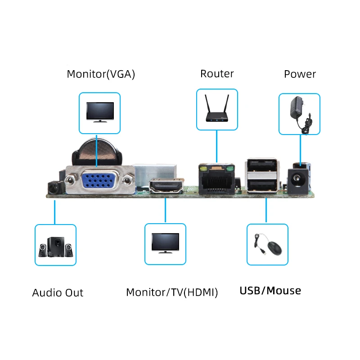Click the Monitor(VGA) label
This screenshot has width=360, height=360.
pyautogui.click(x=101, y=74)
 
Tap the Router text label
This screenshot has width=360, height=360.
pyautogui.click(x=217, y=73)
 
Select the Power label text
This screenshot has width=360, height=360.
pyautogui.click(x=300, y=74)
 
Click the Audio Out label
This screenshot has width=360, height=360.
pyautogui.click(x=58, y=292)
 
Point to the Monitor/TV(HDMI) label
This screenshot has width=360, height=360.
pyautogui.click(x=172, y=292)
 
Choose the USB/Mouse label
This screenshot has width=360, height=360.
pyautogui.click(x=270, y=291)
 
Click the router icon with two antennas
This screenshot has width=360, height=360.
pyautogui.click(x=217, y=110)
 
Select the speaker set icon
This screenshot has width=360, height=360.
pyautogui.click(x=55, y=246)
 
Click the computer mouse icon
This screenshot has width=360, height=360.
pyautogui.click(x=268, y=245)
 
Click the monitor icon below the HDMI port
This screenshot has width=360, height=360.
pyautogui.click(x=165, y=243)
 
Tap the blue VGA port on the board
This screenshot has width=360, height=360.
pyautogui.click(x=99, y=180)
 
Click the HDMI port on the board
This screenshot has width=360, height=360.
pyautogui.click(x=166, y=187)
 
